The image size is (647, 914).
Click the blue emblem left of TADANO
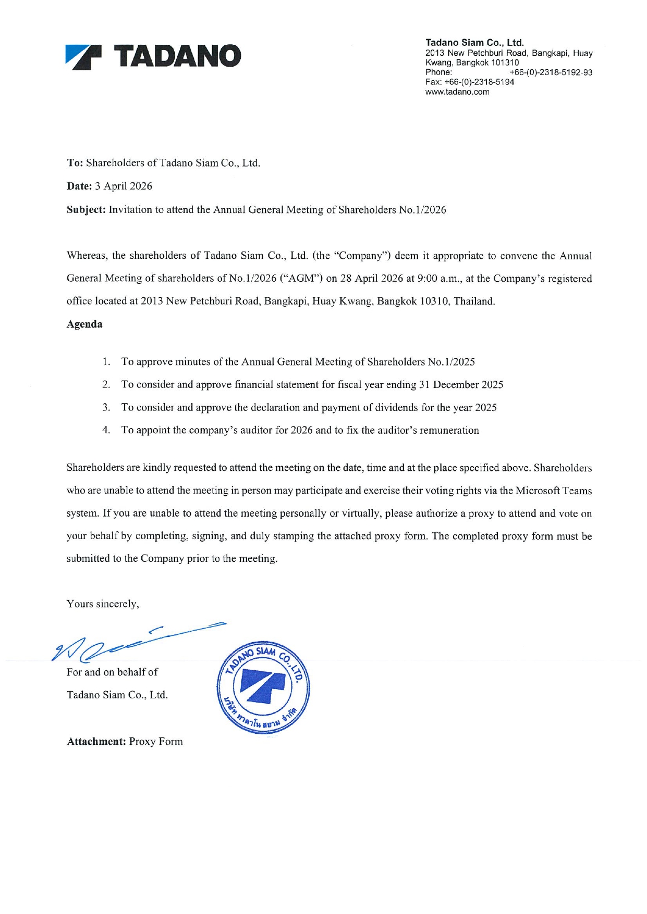tap(83, 57)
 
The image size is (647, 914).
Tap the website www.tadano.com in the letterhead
tap(457, 92)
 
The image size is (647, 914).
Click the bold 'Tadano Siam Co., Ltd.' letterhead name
tap(474, 43)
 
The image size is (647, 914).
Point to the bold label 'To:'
tap(75, 163)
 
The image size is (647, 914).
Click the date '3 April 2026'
tap(124, 186)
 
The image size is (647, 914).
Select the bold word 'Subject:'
tap(87, 210)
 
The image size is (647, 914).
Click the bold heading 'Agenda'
tap(84, 324)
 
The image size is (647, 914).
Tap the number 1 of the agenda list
tap(106, 362)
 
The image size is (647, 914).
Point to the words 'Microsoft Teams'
tap(554, 491)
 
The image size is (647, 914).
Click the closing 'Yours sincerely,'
tap(103, 604)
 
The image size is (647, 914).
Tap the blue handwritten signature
tap(136, 641)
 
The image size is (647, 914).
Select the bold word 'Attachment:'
tap(96, 742)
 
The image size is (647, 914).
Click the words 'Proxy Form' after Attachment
tap(156, 742)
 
